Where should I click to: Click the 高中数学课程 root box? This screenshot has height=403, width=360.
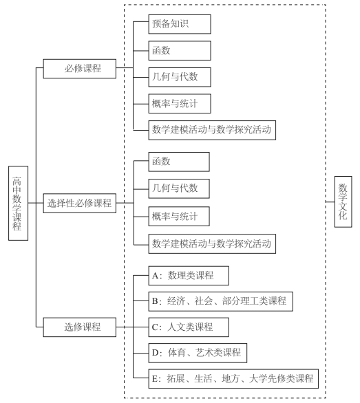click(x=17, y=204)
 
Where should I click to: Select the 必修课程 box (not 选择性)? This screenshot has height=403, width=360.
click(x=78, y=69)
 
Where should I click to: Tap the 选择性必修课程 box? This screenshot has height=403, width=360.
click(x=78, y=204)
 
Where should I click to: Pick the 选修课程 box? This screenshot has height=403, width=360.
click(x=78, y=327)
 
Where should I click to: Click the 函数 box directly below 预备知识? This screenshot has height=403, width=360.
click(x=178, y=50)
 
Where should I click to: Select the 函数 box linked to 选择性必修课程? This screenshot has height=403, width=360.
click(x=178, y=162)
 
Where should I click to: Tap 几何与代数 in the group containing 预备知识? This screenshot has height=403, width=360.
click(x=178, y=76)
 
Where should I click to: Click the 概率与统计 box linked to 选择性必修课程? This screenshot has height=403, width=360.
click(x=178, y=215)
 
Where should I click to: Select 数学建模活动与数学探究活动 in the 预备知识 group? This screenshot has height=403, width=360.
click(x=214, y=129)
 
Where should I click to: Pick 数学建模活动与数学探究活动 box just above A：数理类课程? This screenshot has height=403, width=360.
click(x=214, y=242)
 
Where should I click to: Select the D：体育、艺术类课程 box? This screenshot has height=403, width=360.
click(x=196, y=353)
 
